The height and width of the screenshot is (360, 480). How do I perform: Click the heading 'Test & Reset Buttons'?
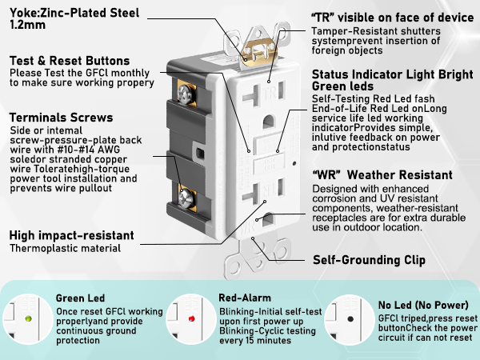click(x=69, y=61)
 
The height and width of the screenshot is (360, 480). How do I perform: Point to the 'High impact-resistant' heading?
click(x=70, y=235)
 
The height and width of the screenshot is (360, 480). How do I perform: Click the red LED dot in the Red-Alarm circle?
click(x=192, y=318)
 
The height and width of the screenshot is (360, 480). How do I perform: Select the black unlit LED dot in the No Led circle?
click(x=353, y=318)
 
